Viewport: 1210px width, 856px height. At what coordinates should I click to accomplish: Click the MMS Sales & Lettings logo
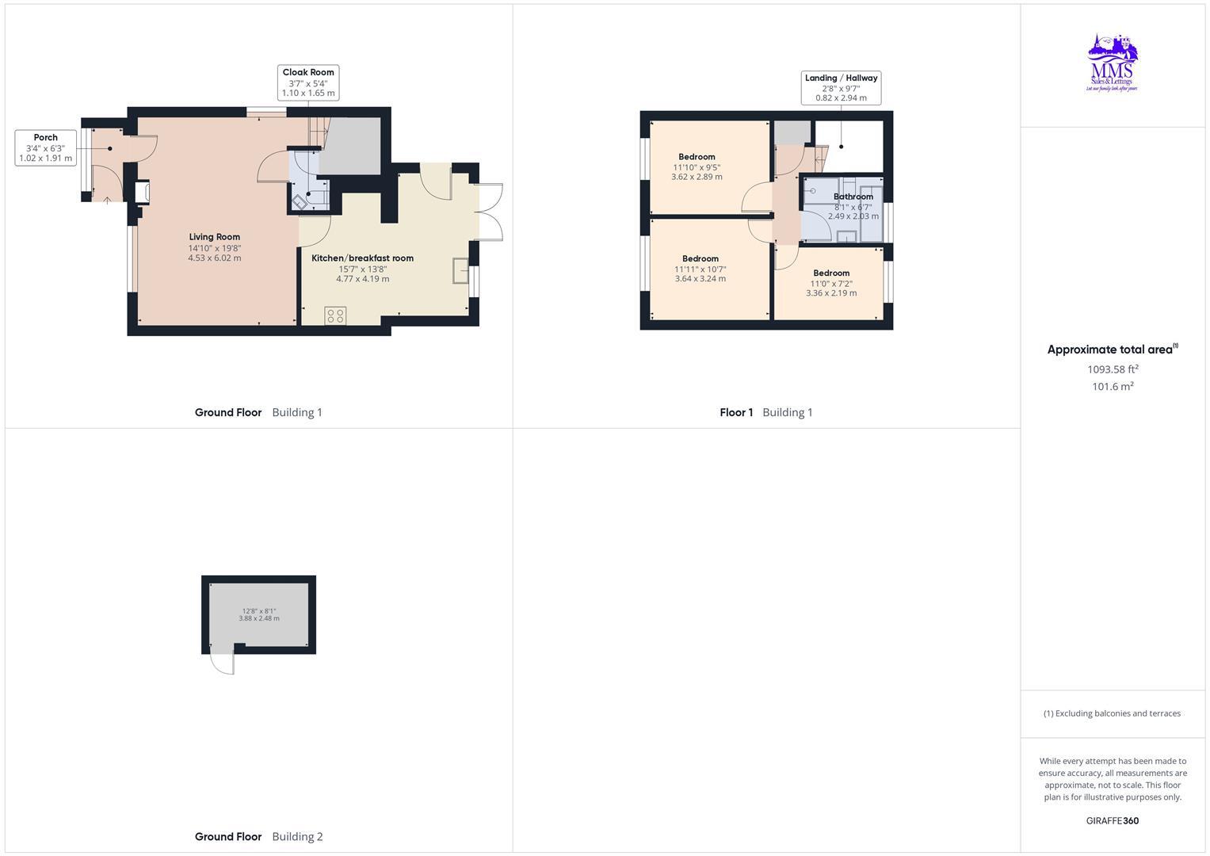tap(1112, 63)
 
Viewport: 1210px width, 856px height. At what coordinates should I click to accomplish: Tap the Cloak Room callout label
tap(308, 82)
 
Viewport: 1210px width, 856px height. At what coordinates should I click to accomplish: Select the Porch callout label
tap(45, 148)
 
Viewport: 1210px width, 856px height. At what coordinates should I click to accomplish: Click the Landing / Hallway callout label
tap(841, 88)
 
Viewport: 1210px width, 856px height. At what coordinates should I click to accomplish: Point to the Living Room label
tap(214, 237)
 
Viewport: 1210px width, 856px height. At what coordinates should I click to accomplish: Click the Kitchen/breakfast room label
tap(362, 258)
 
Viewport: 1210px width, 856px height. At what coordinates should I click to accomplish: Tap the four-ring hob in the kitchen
tap(335, 315)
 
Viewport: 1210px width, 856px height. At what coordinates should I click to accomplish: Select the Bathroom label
tap(853, 197)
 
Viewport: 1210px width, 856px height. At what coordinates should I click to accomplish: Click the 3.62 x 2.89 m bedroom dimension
tap(697, 177)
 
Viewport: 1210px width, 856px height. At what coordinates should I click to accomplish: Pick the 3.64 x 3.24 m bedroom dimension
tap(700, 278)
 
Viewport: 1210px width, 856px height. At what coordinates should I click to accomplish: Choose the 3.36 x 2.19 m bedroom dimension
tap(830, 292)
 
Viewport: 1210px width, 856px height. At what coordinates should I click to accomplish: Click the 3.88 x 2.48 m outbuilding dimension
tap(259, 618)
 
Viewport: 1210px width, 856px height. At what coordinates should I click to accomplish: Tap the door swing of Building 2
tap(223, 663)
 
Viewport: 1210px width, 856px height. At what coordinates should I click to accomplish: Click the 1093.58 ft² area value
tap(1113, 369)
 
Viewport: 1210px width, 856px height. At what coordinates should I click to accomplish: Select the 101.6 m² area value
tap(1113, 387)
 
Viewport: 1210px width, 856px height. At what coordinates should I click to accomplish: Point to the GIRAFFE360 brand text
tap(1112, 820)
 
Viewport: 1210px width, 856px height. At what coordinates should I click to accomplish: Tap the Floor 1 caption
tap(736, 412)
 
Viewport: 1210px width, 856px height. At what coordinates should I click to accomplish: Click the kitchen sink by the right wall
tap(460, 270)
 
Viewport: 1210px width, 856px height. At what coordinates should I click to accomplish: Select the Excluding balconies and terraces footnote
tap(1112, 713)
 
